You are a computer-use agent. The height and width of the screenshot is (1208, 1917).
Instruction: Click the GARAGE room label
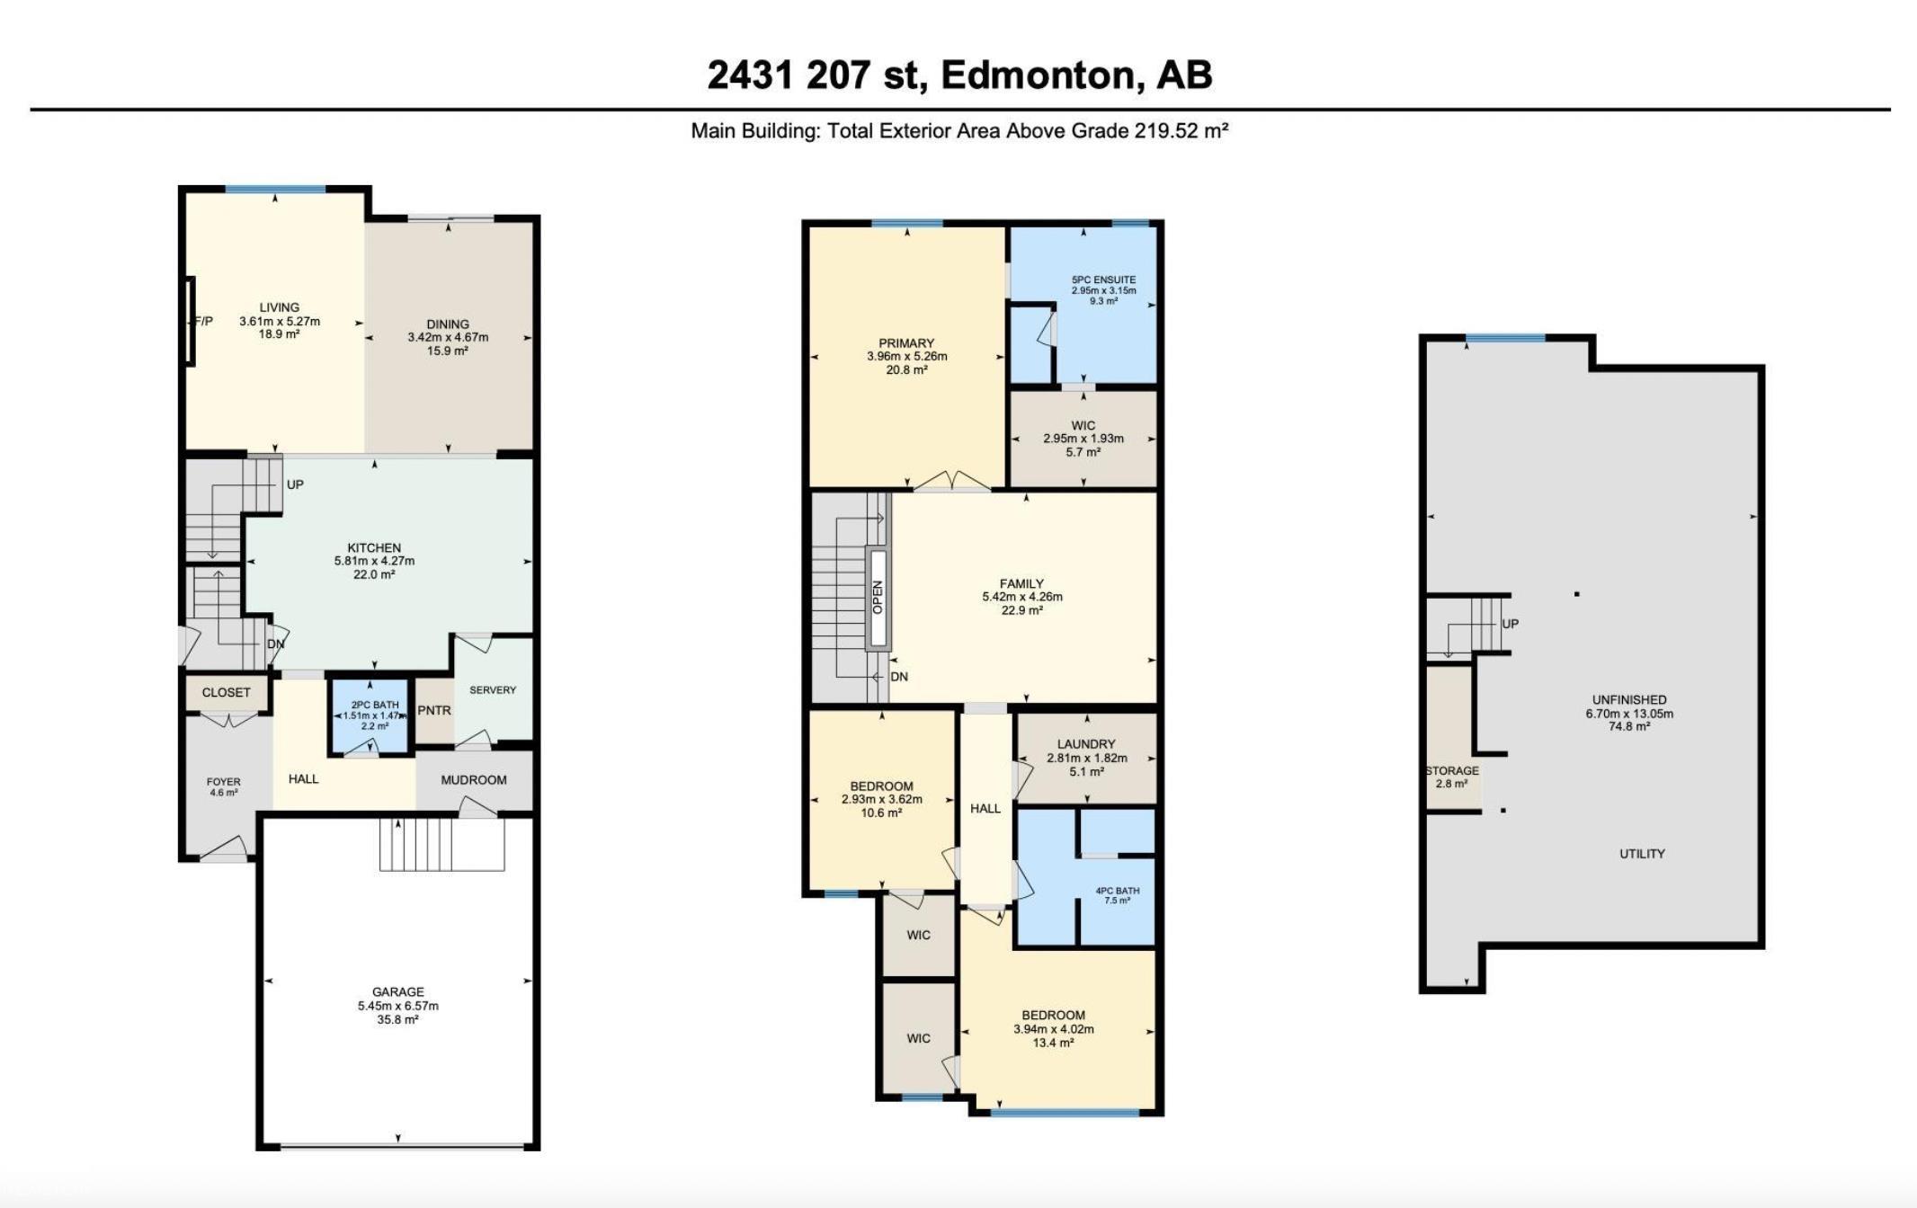tap(398, 992)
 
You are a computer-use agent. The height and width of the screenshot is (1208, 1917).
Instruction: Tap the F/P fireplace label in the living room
tap(203, 321)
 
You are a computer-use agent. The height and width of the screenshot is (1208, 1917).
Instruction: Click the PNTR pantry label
tap(434, 710)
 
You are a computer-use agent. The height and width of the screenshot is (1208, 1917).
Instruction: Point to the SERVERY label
tap(493, 690)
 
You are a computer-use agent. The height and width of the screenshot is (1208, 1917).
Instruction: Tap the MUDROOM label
tap(474, 780)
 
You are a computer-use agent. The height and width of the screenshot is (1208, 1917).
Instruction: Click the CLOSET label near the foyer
tap(227, 693)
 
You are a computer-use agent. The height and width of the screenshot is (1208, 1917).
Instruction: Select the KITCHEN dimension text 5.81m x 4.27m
tap(374, 561)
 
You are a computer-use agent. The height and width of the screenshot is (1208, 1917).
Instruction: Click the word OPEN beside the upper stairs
tap(878, 598)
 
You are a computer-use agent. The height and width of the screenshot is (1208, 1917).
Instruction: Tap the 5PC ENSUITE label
tap(1103, 280)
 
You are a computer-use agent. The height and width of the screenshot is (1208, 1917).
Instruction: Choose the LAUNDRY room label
tap(1086, 744)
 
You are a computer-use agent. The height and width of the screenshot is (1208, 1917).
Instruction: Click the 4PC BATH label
tap(1118, 891)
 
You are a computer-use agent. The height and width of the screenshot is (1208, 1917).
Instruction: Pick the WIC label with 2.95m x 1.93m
tap(1083, 426)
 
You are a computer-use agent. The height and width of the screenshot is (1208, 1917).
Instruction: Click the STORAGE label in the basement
tap(1452, 771)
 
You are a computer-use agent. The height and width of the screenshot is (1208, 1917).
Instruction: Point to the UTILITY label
tap(1642, 854)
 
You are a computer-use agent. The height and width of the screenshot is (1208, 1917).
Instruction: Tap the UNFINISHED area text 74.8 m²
tap(1629, 727)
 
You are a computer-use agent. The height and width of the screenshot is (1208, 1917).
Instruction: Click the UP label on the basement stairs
tap(1511, 624)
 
